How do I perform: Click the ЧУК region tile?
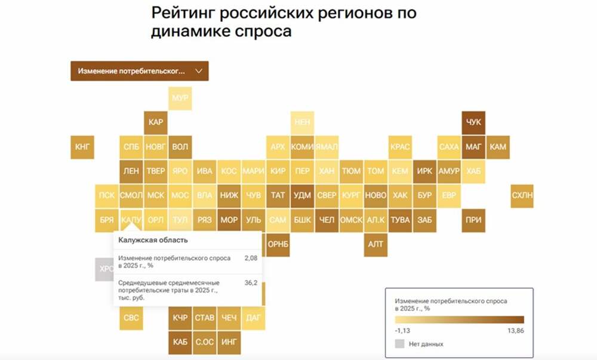pyautogui.click(x=473, y=122)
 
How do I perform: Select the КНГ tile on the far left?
pyautogui.click(x=82, y=146)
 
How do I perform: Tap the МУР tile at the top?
pyautogui.click(x=180, y=97)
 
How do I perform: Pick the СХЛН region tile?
pyautogui.click(x=522, y=195)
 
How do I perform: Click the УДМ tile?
pyautogui.click(x=302, y=195)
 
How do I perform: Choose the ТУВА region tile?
pyautogui.click(x=400, y=220)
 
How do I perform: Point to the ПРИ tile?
pyautogui.click(x=473, y=220)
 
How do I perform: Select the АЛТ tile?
pyautogui.click(x=376, y=244)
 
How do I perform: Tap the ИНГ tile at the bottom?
pyautogui.click(x=229, y=342)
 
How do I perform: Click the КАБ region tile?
pyautogui.click(x=180, y=342)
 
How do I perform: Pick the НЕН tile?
pyautogui.click(x=302, y=122)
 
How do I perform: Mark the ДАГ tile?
pyautogui.click(x=253, y=318)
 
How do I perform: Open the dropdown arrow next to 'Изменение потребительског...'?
pyautogui.click(x=199, y=70)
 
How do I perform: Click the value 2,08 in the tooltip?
pyautogui.click(x=251, y=258)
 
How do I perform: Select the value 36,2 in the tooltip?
pyautogui.click(x=251, y=282)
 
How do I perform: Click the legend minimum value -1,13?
pyautogui.click(x=403, y=330)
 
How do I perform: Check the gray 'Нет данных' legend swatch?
pyautogui.click(x=399, y=344)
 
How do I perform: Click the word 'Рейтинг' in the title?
pyautogui.click(x=182, y=13)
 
